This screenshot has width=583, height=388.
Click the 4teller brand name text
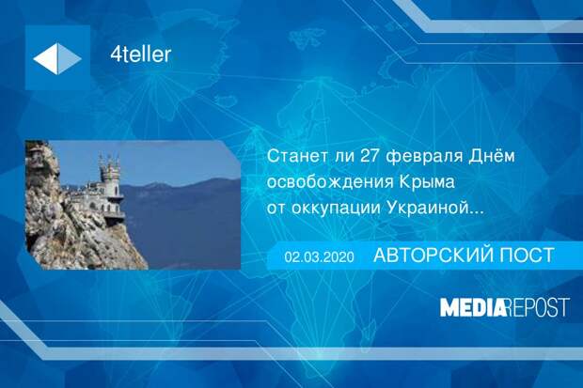140,54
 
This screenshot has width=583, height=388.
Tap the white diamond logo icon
57,58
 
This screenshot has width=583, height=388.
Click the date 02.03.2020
320,256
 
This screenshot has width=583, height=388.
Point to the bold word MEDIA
473,307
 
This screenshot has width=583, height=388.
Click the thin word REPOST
538,307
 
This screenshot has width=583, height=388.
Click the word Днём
492,156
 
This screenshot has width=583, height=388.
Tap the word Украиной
427,208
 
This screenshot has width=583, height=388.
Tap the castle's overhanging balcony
115,214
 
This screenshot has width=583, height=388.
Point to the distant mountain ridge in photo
181,187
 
